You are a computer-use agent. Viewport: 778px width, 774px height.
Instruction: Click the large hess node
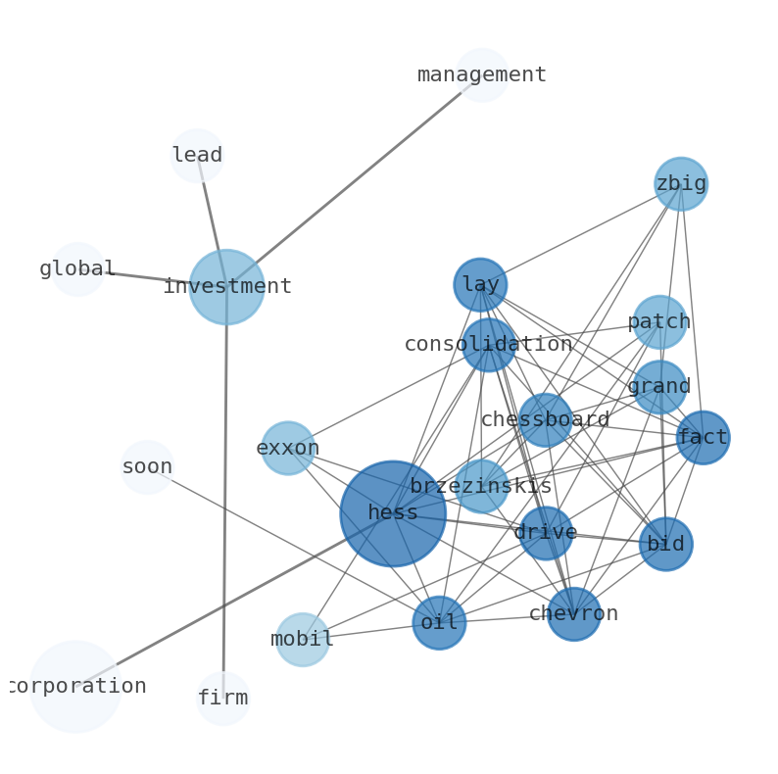(393, 513)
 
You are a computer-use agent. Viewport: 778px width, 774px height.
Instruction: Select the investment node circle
(226, 287)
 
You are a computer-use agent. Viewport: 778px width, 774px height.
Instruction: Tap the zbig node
(681, 184)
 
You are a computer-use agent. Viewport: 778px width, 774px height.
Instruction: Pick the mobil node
(303, 640)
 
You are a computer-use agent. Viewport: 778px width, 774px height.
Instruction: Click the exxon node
(288, 448)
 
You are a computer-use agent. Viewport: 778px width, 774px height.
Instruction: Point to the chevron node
(574, 614)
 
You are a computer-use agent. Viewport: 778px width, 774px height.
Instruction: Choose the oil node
(440, 623)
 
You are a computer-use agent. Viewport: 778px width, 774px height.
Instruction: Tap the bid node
(666, 545)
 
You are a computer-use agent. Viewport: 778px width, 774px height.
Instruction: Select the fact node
(704, 438)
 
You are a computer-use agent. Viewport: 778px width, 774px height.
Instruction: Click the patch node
(659, 322)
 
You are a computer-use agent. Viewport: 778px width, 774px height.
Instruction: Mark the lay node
(481, 285)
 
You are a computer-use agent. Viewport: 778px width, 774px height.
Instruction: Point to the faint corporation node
(75, 687)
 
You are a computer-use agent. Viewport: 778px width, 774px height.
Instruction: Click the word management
(482, 74)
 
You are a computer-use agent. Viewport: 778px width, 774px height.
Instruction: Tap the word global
(77, 268)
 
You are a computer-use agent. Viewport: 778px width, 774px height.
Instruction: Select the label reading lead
(197, 155)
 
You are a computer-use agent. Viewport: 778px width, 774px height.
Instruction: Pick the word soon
(147, 467)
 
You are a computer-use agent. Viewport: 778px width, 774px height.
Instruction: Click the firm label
(223, 698)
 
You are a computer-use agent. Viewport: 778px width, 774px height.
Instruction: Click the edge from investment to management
(355, 181)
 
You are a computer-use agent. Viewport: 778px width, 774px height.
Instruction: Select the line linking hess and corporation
(234, 601)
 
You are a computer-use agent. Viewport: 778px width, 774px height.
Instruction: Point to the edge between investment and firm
(225, 493)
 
